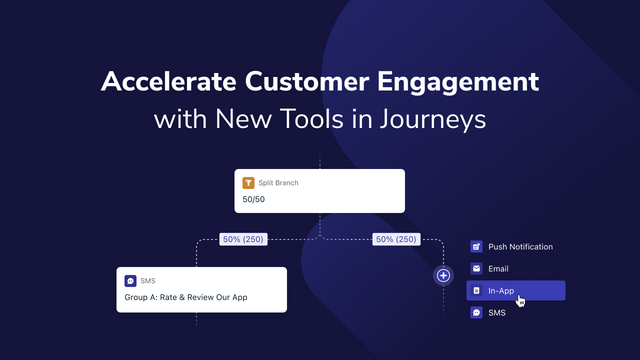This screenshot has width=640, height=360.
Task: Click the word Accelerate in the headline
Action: pos(164,81)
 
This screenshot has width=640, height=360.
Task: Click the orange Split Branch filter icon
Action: pos(251,183)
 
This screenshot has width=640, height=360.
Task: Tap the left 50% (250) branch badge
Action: pos(243,239)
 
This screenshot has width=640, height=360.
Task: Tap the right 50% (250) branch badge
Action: pos(397,239)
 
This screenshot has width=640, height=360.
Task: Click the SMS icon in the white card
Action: pos(131,281)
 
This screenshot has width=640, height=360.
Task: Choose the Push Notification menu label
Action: pos(520,246)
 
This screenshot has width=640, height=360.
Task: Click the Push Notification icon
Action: pos(476,246)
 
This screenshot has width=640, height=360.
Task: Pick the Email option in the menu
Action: pos(498,269)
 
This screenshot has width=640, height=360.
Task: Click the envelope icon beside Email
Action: pos(476,269)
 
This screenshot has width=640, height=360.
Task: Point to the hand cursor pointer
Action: pos(520,300)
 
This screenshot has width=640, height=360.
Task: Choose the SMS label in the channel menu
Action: pos(497,313)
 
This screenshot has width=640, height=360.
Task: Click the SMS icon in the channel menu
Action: pos(476,313)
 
